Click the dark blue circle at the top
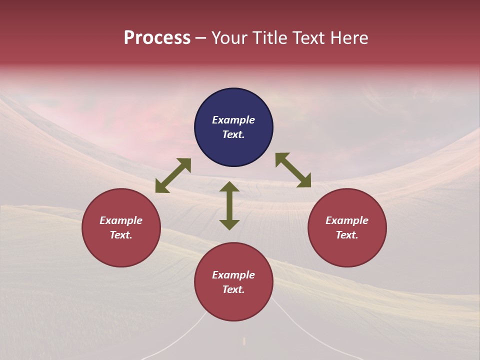233,127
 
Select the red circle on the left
121,227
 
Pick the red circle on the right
347,227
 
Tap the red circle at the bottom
233,282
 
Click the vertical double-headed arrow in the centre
229,205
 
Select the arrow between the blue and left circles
173,175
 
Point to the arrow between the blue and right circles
293,170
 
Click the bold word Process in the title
157,38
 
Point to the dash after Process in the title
201,38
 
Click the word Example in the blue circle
233,120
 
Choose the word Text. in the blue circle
233,135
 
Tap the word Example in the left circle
121,220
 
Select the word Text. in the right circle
347,235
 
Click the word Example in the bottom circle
233,275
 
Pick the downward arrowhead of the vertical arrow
229,224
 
